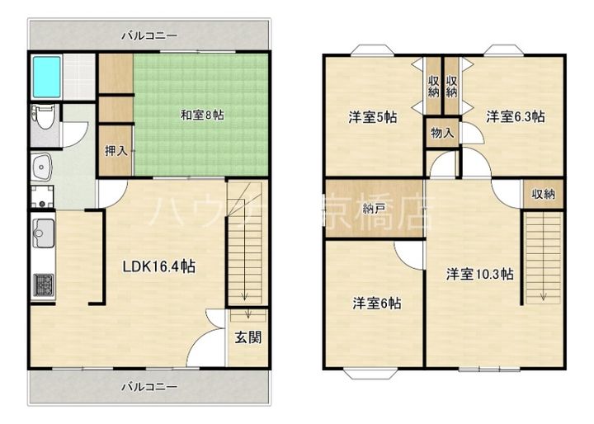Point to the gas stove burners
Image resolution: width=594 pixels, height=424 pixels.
(x=42, y=285)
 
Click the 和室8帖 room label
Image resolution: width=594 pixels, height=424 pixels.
(x=201, y=115)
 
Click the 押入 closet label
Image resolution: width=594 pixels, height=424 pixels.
(x=115, y=151)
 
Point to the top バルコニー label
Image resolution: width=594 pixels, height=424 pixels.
(x=149, y=35)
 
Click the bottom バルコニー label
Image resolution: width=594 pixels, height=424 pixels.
(x=149, y=386)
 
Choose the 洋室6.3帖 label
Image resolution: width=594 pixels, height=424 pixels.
(x=514, y=117)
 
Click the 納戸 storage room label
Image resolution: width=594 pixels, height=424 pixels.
(x=375, y=208)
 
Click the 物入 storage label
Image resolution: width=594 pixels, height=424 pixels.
(x=441, y=133)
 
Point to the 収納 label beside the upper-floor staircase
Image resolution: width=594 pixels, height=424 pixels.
(x=543, y=195)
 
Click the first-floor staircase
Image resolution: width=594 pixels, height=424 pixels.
(x=247, y=243)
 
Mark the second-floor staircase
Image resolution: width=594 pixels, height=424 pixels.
(x=543, y=256)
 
